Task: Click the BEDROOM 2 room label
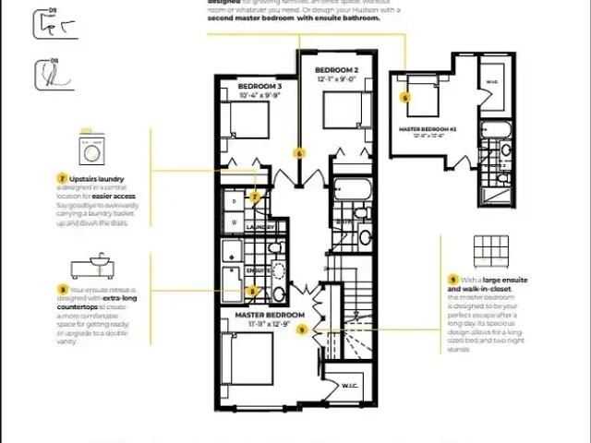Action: point(336,70)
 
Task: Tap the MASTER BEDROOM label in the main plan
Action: point(270,315)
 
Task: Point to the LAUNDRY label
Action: point(261,227)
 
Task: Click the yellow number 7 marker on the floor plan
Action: point(255,197)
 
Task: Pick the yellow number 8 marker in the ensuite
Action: point(252,292)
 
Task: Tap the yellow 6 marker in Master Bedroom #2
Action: point(404,96)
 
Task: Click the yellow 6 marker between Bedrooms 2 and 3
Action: point(298,152)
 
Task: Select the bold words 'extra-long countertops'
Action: point(115,299)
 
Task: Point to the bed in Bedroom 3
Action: point(247,120)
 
